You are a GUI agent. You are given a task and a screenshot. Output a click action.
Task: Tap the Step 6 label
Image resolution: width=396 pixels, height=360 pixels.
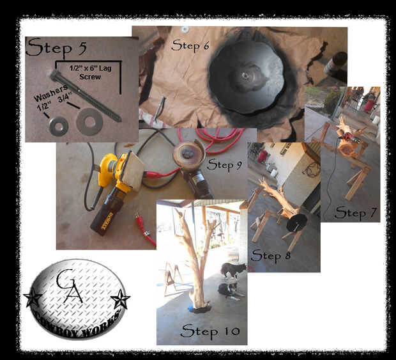190,46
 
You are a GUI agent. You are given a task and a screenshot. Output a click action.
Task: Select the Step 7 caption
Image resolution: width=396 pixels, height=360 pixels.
356,213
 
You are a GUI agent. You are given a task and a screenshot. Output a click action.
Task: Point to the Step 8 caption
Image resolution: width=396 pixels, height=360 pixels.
271,256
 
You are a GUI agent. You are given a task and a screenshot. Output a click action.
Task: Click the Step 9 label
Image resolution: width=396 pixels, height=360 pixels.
224,165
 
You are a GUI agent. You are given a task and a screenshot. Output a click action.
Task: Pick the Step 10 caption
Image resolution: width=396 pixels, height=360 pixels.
210,331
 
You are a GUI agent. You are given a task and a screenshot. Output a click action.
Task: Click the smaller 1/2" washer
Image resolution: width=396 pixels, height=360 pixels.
59,127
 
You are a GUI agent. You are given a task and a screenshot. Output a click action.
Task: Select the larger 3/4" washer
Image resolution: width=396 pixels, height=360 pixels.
89,121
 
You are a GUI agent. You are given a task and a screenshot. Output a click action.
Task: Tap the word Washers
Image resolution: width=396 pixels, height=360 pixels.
50,93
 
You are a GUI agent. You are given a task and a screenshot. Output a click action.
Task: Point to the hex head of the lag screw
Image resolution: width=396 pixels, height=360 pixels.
54,75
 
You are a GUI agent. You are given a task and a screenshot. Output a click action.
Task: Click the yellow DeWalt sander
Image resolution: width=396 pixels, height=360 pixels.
118,191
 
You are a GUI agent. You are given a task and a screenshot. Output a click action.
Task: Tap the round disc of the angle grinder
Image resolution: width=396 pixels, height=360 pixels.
188,154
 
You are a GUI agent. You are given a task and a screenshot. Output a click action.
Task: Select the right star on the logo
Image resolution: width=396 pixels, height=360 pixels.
120,299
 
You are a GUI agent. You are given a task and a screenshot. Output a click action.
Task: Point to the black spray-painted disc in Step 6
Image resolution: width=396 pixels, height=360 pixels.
247,76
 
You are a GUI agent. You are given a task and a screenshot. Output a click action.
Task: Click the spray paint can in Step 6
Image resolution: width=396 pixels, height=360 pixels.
336,63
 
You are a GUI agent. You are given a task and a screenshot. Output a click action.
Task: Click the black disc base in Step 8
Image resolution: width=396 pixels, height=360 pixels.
296,223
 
